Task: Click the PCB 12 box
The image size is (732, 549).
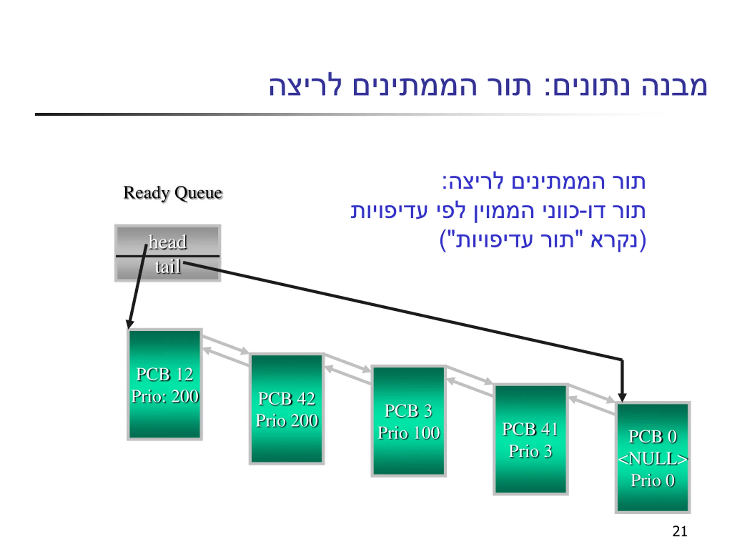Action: point(164,384)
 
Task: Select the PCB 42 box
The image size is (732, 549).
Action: point(287,409)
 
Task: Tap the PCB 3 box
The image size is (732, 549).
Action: point(409,421)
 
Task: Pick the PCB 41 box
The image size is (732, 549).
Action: point(530,439)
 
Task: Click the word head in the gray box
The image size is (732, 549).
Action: point(168,242)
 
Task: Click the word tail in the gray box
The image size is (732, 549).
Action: point(168,267)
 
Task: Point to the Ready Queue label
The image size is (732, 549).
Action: point(173,193)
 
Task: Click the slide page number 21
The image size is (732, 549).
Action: point(680,531)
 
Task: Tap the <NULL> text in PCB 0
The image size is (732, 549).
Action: point(653,459)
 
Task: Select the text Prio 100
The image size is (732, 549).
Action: point(409,433)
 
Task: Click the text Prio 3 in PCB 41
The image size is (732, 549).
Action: point(530,451)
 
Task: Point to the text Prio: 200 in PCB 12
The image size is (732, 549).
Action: point(165,396)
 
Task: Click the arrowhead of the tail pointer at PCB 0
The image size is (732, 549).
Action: point(622,398)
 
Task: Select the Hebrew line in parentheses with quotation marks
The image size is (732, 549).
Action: point(543,240)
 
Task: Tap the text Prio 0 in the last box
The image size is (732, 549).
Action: point(653,480)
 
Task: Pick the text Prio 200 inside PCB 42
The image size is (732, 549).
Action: point(287,421)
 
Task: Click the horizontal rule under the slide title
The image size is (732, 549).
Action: point(351,114)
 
